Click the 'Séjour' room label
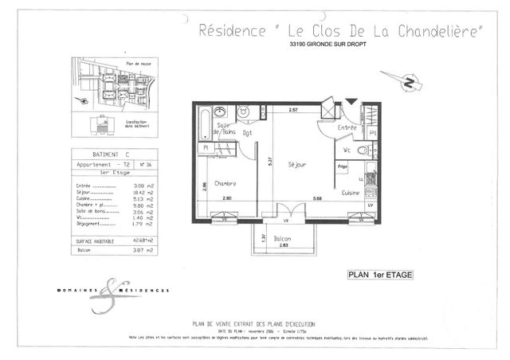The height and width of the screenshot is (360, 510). [298, 165]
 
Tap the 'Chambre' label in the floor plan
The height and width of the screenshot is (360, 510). [224, 183]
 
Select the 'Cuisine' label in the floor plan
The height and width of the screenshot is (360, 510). [350, 193]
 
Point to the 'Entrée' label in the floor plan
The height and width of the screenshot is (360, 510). [347, 127]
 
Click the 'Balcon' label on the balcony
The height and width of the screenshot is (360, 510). [282, 238]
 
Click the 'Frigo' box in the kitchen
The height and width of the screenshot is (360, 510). [343, 166]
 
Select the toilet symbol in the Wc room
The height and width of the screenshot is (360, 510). [363, 149]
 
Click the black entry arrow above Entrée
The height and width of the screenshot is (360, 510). [351, 104]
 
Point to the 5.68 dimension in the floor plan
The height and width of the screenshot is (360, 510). [317, 198]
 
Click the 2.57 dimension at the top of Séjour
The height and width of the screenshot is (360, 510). [293, 109]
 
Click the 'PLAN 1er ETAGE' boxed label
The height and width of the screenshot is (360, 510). [380, 275]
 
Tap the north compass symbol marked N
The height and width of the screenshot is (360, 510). [407, 82]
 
